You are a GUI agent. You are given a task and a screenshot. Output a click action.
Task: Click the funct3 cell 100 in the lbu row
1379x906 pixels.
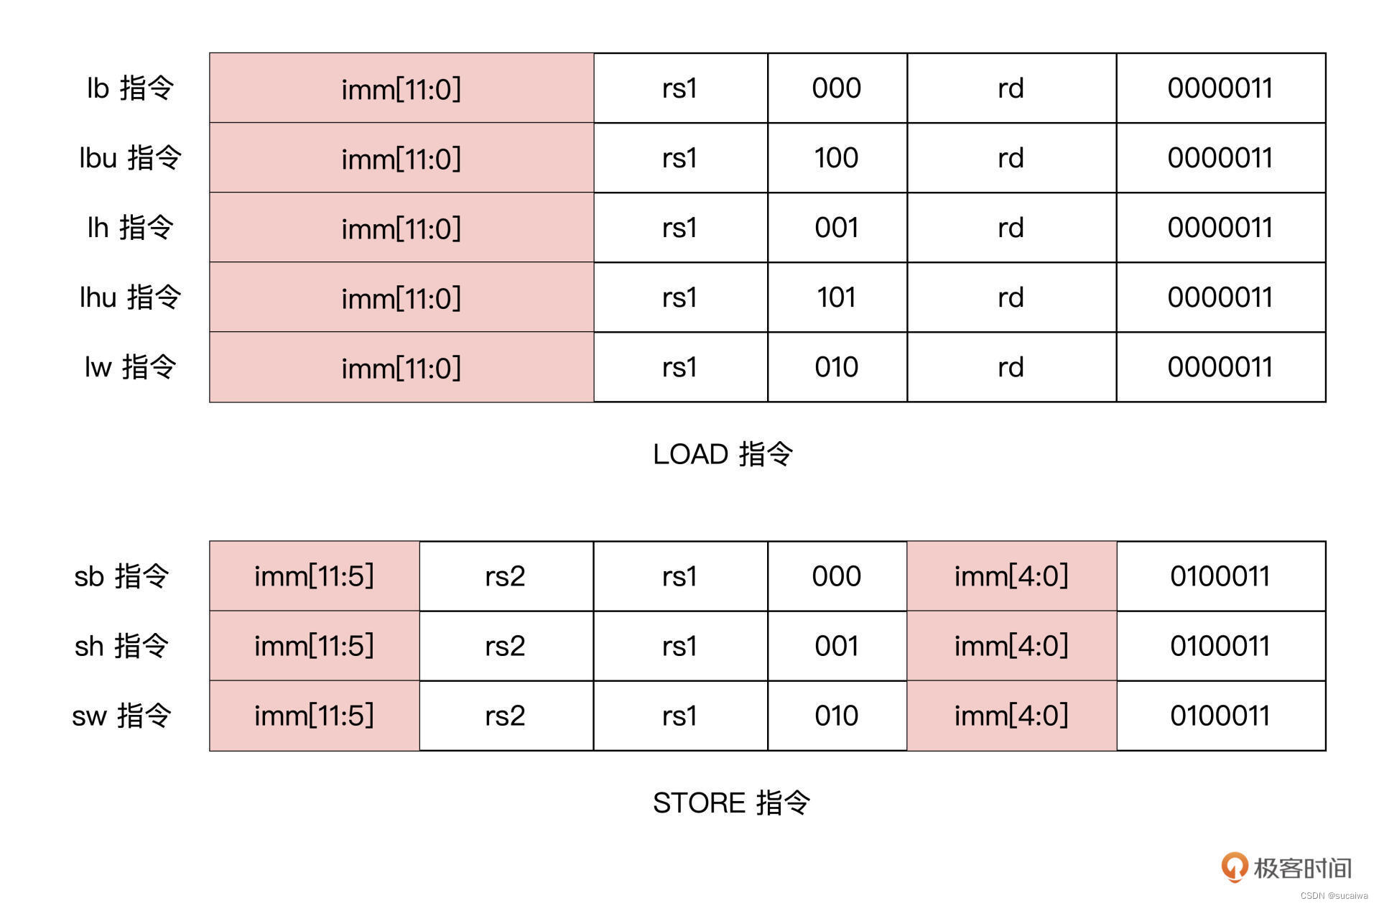tap(837, 157)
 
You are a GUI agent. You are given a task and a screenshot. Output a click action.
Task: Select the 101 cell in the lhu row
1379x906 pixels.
tap(837, 297)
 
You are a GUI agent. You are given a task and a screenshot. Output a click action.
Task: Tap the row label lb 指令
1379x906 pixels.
tap(130, 88)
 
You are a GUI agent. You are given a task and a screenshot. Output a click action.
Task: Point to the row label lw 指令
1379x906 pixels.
tap(130, 366)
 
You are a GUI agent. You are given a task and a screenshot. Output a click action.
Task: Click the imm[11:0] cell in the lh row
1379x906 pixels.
tap(401, 228)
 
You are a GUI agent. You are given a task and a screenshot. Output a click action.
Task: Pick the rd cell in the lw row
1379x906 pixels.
tap(1011, 367)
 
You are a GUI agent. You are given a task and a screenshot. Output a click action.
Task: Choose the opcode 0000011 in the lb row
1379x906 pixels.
tap(1220, 88)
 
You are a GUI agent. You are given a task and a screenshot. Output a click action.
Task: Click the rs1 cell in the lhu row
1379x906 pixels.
tap(679, 297)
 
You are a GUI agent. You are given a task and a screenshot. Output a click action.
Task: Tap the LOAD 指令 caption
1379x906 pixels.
tap(723, 454)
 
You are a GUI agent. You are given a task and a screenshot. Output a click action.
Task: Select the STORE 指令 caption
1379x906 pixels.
tap(731, 803)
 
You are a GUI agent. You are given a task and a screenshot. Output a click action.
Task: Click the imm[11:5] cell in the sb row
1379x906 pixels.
tap(314, 576)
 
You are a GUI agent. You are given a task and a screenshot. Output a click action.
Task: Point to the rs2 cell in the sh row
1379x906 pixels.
tap(505, 646)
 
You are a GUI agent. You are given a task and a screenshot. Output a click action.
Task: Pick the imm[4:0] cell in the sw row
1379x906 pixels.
tap(1011, 716)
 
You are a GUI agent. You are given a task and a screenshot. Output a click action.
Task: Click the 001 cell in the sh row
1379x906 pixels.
tap(837, 646)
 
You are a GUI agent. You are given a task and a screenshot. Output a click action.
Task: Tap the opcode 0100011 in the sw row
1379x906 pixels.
tap(1220, 716)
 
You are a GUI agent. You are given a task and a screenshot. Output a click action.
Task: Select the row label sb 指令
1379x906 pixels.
tap(121, 576)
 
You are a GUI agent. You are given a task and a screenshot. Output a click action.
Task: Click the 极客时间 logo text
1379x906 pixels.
tap(1302, 868)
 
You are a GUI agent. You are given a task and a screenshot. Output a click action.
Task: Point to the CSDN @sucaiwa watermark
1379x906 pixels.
tap(1334, 896)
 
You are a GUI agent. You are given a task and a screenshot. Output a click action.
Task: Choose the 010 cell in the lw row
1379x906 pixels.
tap(837, 367)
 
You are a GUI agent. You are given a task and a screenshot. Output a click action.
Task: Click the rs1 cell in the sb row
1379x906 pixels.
tap(679, 576)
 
